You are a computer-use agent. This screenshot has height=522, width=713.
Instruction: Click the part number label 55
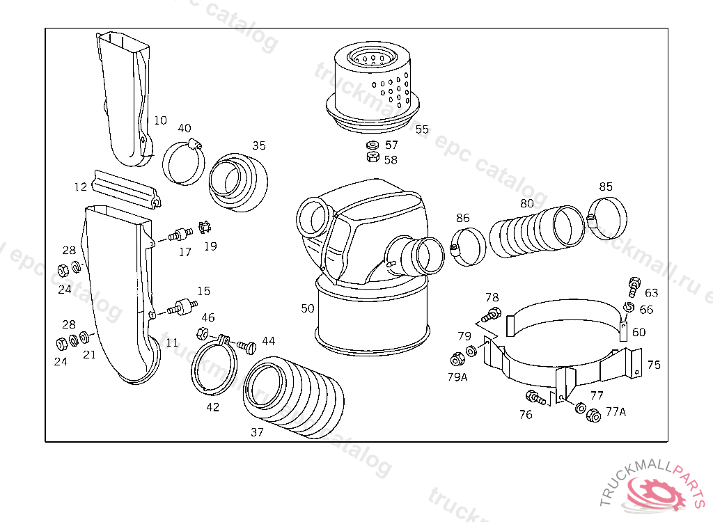pyautogui.click(x=422, y=129)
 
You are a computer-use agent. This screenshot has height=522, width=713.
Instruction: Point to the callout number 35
pyautogui.click(x=259, y=145)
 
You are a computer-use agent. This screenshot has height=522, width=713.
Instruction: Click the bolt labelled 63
pyautogui.click(x=634, y=285)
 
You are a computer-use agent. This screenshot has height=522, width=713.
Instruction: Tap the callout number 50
pyautogui.click(x=307, y=308)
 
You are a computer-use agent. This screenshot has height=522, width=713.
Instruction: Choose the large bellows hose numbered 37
pyautogui.click(x=292, y=397)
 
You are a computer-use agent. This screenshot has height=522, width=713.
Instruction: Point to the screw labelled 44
pyautogui.click(x=245, y=345)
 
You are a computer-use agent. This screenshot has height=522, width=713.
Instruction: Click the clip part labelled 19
pyautogui.click(x=205, y=227)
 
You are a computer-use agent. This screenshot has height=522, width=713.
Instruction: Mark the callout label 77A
pyautogui.click(x=616, y=411)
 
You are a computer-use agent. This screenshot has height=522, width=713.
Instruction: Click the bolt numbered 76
pyautogui.click(x=535, y=398)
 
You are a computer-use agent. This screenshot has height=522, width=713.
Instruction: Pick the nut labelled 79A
pyautogui.click(x=457, y=360)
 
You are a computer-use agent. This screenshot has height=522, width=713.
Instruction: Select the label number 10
pyautogui.click(x=160, y=120)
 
